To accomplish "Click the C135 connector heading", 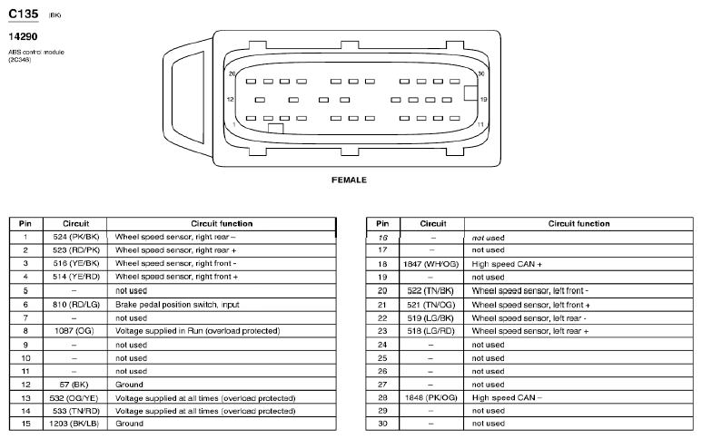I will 23,15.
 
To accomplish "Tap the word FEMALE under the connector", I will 350,180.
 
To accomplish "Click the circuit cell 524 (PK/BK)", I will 75,237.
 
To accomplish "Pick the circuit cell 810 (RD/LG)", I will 75,305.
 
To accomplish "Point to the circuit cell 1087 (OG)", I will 75,332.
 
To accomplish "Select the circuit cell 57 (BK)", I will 75,385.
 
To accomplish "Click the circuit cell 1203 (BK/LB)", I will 75,424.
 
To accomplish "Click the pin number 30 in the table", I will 382,424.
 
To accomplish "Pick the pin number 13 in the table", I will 25,398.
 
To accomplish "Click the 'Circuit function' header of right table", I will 578,223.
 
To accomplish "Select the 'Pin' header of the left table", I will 25,223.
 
